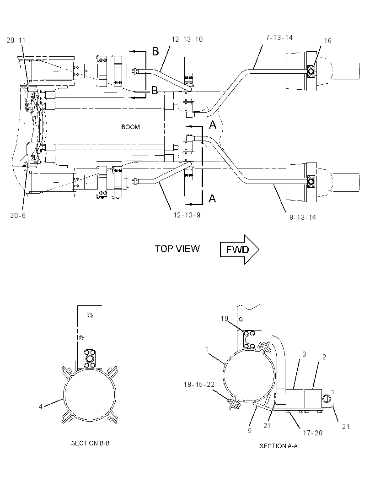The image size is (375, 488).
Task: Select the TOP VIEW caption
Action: [177, 249]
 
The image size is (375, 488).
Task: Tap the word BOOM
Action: [131, 127]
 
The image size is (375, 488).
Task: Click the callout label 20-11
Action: [16, 40]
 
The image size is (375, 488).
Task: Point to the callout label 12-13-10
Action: [187, 39]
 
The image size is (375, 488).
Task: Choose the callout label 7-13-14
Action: [279, 38]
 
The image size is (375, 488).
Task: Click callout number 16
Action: [328, 40]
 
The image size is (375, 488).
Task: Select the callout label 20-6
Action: [18, 215]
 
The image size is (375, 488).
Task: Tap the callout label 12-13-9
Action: [187, 215]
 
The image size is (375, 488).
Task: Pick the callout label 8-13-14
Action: [303, 217]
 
